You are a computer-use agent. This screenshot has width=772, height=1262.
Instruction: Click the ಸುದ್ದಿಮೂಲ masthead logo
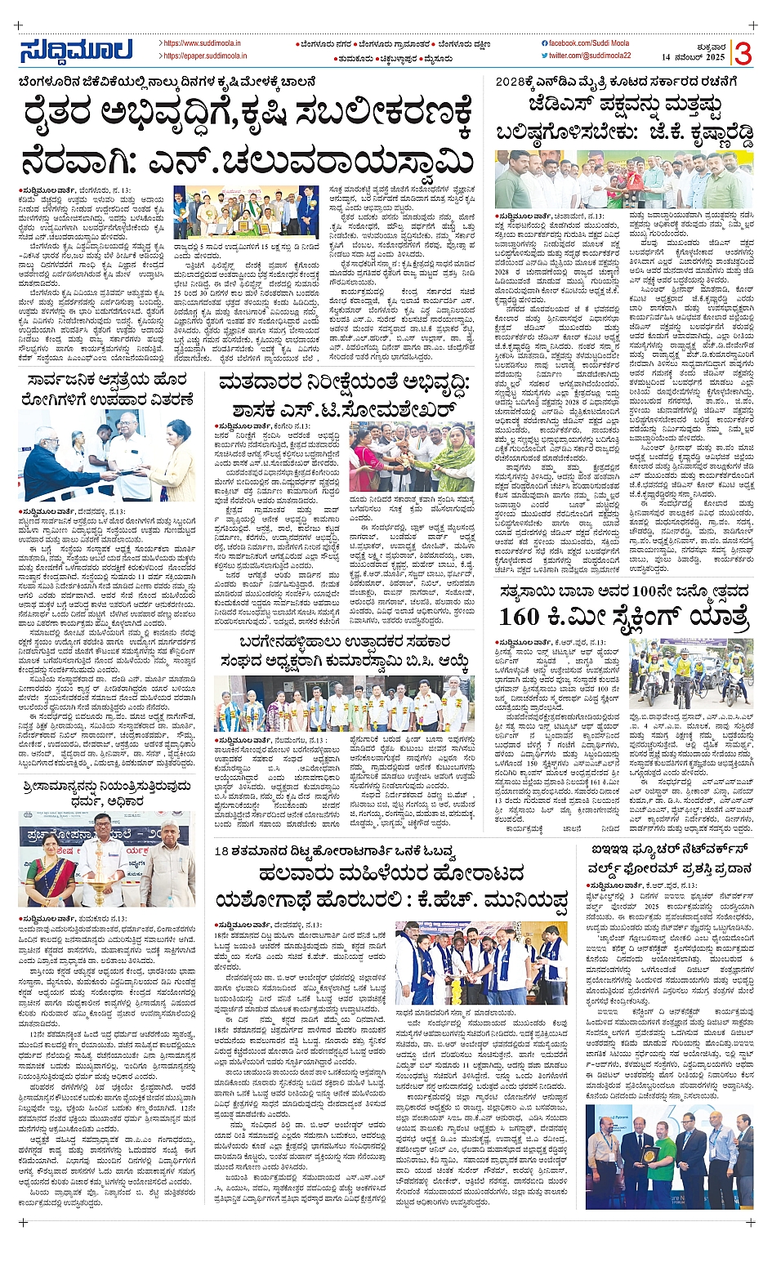[77, 51]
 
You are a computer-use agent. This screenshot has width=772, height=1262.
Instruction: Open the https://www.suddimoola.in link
[202, 43]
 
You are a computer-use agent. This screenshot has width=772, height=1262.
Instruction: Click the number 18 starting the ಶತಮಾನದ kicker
[221, 851]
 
